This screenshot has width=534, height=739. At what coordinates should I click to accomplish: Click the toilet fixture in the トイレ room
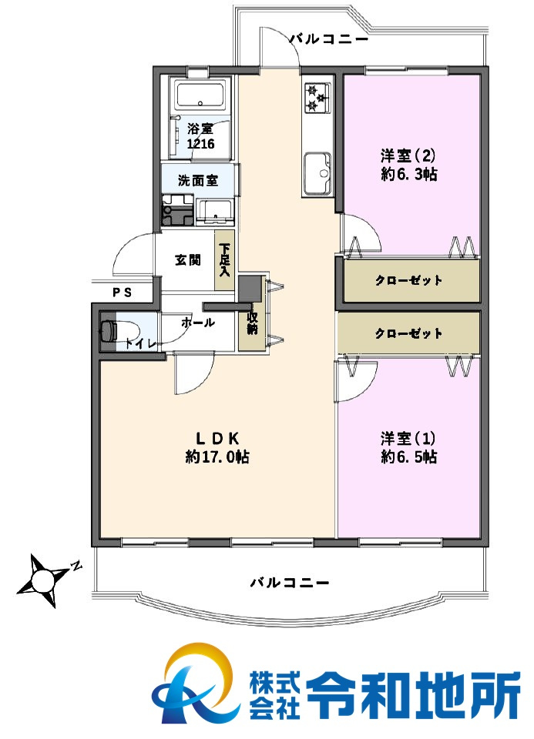(109, 332)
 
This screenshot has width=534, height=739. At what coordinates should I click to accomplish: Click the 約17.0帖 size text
(217, 457)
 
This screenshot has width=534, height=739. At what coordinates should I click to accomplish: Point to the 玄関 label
(188, 260)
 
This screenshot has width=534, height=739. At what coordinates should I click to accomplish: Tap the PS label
(122, 293)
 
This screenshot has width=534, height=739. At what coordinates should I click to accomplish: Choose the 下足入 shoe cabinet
(225, 260)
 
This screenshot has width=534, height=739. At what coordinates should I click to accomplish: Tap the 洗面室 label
(198, 181)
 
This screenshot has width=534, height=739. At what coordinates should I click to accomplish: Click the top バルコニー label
(329, 38)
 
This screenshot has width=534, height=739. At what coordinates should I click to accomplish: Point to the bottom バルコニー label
(290, 583)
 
